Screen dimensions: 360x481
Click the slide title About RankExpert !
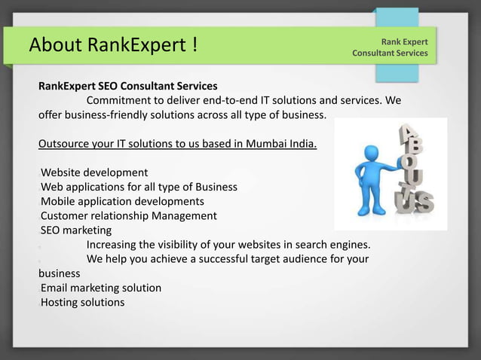114,45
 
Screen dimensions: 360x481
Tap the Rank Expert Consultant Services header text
390,47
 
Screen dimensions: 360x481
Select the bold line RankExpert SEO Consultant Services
128,86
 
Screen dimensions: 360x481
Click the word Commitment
118,100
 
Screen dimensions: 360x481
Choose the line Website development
93,172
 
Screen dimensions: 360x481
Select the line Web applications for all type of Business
139,187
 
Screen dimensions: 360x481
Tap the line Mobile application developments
122,201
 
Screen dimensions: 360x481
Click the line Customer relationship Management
128,215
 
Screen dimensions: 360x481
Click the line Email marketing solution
100,288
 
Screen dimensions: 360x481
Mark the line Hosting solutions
82,302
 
